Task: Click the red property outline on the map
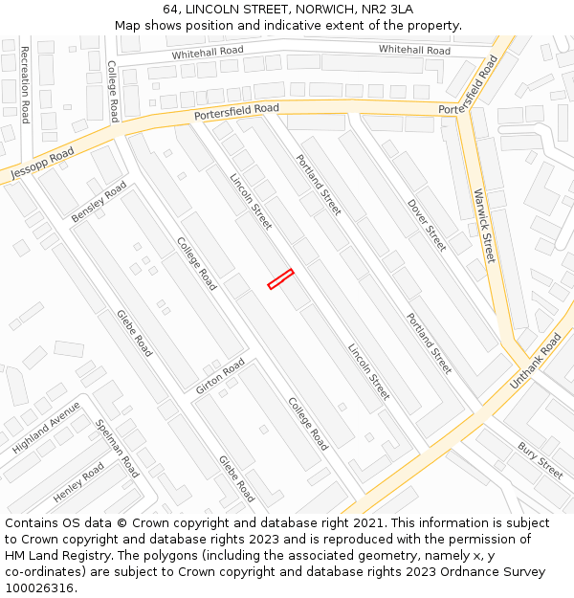pos(280,278)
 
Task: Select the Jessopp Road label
pos(42,165)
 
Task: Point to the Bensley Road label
pos(99,204)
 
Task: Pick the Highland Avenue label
pos(46,428)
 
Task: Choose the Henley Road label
pos(78,483)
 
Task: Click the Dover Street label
pos(427,225)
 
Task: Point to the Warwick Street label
pos(485,226)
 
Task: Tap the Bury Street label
pos(541,460)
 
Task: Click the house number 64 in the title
pos(171,10)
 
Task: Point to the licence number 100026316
pos(41,588)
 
